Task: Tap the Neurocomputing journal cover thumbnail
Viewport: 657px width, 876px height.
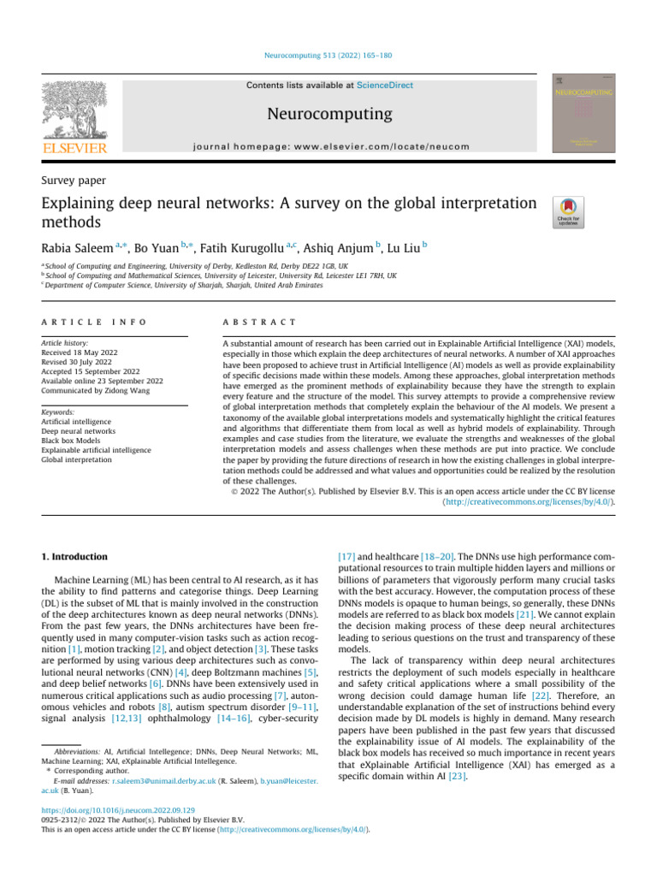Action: pyautogui.click(x=583, y=113)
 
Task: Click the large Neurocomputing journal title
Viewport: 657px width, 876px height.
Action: pyautogui.click(x=328, y=114)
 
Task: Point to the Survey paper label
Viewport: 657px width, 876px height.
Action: pyautogui.click(x=76, y=179)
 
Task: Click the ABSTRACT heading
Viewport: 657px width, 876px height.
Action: pyautogui.click(x=247, y=322)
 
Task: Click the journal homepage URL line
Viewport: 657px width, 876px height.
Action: pyautogui.click(x=328, y=146)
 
